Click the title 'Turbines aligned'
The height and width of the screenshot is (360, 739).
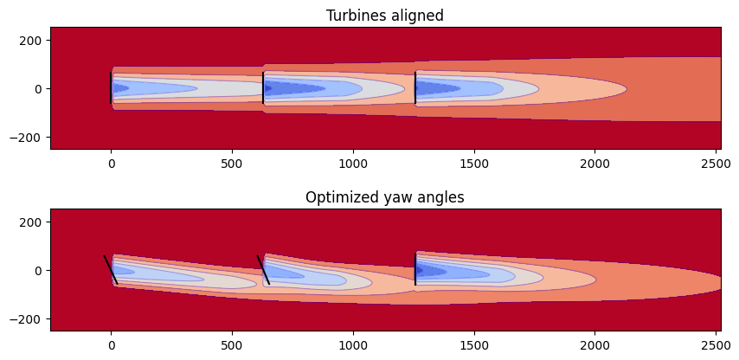tap(384, 16)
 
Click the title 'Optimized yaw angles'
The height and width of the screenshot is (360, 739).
tap(384, 197)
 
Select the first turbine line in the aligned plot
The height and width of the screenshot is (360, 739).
tap(111, 88)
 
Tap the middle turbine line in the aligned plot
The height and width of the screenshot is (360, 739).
tap(263, 88)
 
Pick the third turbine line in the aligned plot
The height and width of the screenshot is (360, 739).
tap(415, 88)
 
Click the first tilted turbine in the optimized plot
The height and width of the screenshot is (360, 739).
tap(111, 269)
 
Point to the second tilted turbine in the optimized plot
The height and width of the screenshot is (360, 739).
tap(263, 269)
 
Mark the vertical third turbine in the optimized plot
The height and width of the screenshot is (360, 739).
tap(415, 269)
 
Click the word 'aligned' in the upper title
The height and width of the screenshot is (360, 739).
tap(417, 16)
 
